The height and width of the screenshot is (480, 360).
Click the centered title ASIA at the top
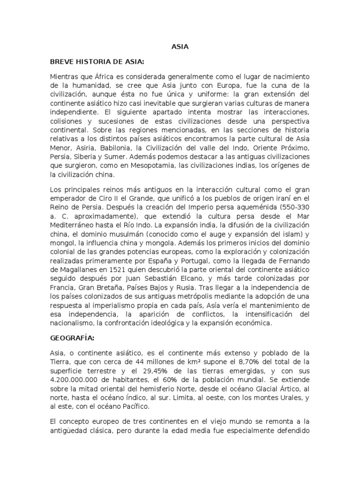click(x=180, y=46)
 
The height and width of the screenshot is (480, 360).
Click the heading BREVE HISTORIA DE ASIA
click(x=97, y=61)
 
